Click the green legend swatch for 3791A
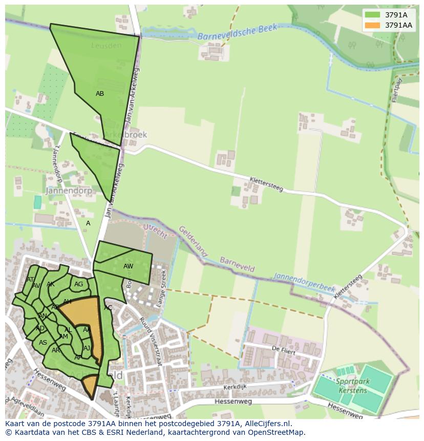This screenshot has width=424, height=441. click(x=372, y=15)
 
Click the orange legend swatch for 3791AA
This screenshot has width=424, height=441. click(x=372, y=25)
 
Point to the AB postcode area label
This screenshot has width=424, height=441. click(x=100, y=94)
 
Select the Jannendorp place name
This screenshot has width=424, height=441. click(x=69, y=191)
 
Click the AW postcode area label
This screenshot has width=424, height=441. click(x=128, y=266)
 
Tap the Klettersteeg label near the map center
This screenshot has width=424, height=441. click(x=266, y=184)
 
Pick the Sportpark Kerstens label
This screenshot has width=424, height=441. click(x=353, y=386)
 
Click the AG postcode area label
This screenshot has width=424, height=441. click(x=78, y=284)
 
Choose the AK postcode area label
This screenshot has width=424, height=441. click(x=50, y=284)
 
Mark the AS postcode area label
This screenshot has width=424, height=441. click(x=43, y=343)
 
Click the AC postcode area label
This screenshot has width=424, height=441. click(x=108, y=308)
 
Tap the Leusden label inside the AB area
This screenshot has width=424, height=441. click(x=107, y=46)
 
